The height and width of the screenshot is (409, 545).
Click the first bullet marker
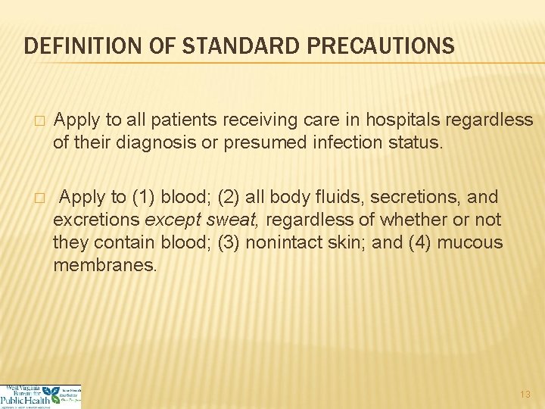pyautogui.click(x=40, y=121)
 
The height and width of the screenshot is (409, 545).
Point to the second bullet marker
pyautogui.click(x=40, y=198)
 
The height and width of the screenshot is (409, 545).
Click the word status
pyautogui.click(x=413, y=143)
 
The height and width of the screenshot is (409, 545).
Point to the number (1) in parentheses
pyautogui.click(x=144, y=198)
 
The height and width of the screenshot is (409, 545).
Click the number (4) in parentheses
pyautogui.click(x=417, y=243)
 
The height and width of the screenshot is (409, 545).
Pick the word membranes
pyautogui.click(x=105, y=266)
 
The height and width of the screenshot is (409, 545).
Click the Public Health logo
pyautogui.click(x=41, y=396)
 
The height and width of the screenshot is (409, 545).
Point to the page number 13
pyautogui.click(x=525, y=395)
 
